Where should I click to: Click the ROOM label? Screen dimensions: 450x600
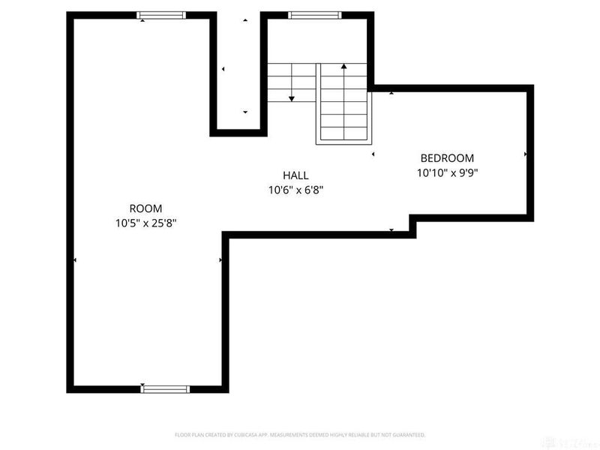tap(145, 208)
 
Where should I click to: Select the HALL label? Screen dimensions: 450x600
tap(295, 175)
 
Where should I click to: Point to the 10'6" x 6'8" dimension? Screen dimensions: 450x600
tap(295, 190)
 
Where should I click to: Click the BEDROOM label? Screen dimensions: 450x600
tap(447, 158)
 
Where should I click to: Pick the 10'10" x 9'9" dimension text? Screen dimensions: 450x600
tap(447, 172)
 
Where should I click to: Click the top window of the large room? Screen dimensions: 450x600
tap(162, 14)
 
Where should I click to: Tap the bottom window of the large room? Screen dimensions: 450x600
tap(166, 388)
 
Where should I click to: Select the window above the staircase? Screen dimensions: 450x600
tap(315, 14)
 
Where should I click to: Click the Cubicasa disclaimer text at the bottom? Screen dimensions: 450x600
tap(300, 435)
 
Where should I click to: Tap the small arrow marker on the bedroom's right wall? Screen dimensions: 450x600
tap(526, 154)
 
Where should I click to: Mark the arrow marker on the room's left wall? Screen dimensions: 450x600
tap(75, 260)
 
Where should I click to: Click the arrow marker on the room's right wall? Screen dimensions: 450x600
tap(220, 260)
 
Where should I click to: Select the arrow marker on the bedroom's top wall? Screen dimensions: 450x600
tap(391, 93)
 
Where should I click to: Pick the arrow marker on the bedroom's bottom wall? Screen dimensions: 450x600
tap(391, 230)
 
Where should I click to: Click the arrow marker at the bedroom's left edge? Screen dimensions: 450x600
tap(373, 154)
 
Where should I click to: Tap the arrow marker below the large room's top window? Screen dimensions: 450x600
tap(142, 21)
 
